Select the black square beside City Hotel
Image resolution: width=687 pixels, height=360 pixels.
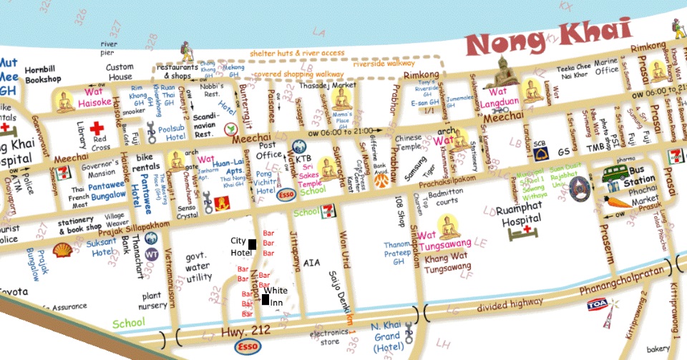252,246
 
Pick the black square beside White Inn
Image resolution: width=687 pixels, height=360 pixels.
265,299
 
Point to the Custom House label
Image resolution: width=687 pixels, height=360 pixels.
120,72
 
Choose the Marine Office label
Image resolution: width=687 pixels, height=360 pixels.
607,69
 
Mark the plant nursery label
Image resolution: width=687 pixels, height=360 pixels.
155,301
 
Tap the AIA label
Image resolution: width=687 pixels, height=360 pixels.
312,263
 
